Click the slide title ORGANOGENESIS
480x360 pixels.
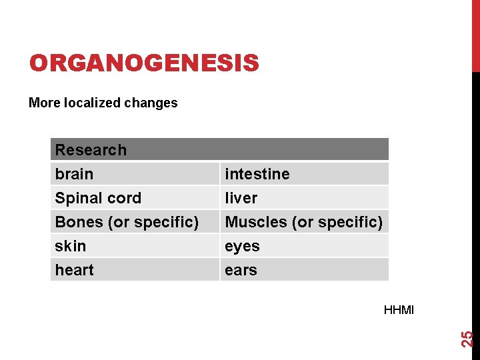143,63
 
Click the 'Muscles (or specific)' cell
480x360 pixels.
303,222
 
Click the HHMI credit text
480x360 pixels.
399,310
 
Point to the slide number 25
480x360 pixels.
468,339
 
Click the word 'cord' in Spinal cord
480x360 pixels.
127,198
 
